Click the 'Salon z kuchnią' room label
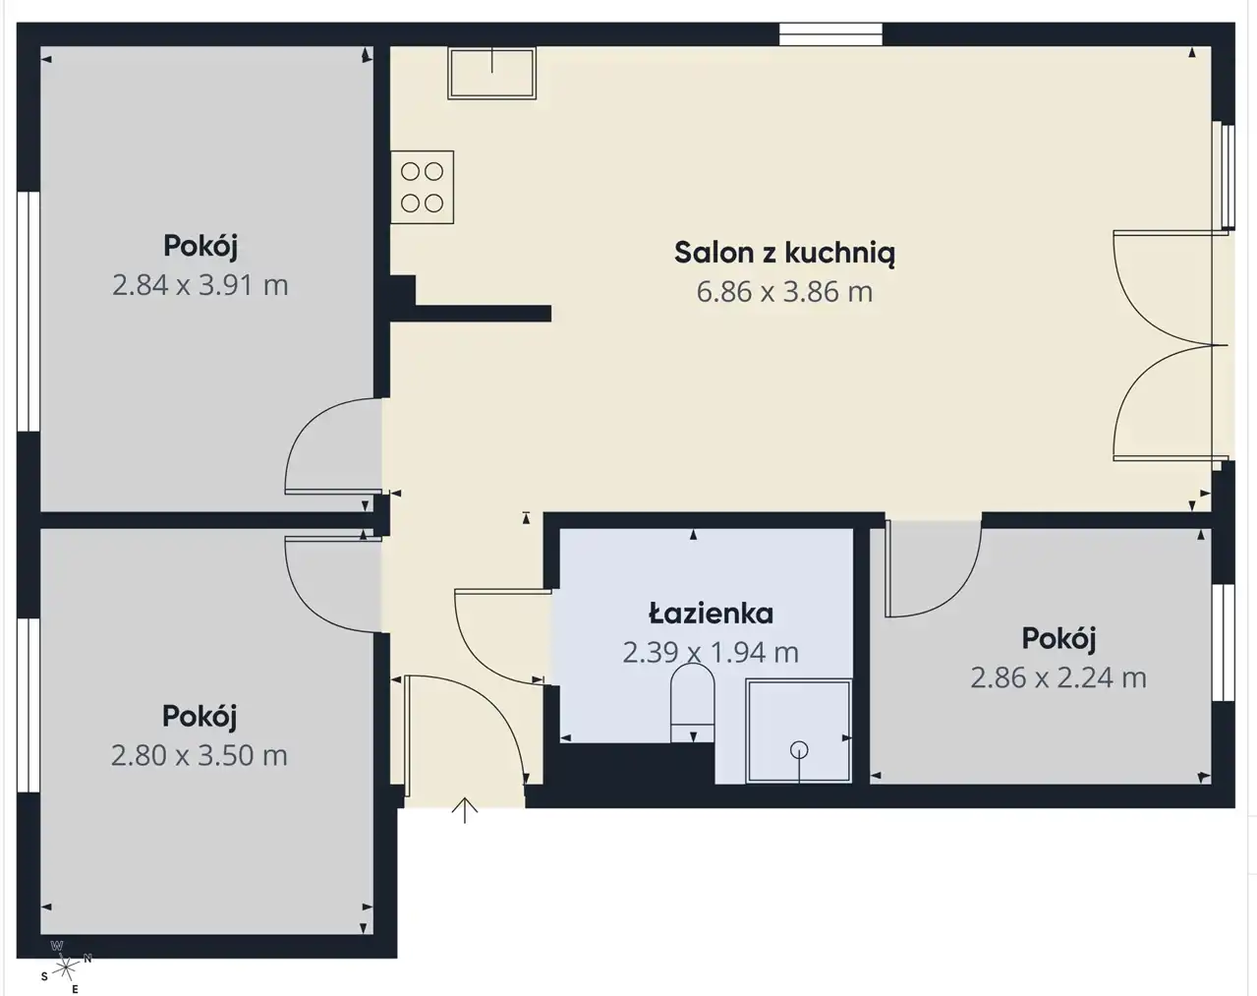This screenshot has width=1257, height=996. (x=784, y=254)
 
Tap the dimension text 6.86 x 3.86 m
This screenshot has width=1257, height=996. (x=784, y=292)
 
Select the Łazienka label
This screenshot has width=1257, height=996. (x=711, y=614)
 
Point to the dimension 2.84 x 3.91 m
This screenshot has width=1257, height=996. (x=200, y=286)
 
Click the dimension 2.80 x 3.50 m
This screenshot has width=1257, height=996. (x=200, y=756)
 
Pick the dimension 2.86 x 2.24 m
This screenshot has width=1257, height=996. (x=1058, y=678)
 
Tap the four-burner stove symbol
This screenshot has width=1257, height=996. (x=423, y=187)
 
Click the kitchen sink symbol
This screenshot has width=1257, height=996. (x=491, y=73)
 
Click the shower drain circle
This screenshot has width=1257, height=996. (x=798, y=749)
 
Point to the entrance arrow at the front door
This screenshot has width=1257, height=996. (x=465, y=810)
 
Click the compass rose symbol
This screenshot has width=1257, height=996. (x=66, y=968)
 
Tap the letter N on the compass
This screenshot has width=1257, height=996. (x=87, y=959)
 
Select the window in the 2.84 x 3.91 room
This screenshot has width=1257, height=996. (x=29, y=312)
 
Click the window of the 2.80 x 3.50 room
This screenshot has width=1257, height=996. (x=29, y=706)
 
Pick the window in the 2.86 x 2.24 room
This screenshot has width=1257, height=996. (x=1224, y=642)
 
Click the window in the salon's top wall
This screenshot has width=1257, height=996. (x=830, y=34)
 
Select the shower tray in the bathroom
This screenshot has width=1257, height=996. (x=798, y=731)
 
